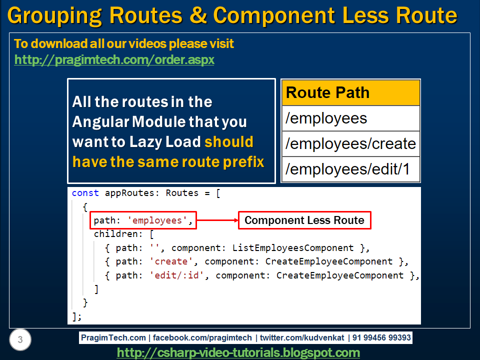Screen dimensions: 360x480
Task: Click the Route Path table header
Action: [350, 93]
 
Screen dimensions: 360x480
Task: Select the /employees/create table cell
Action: [350, 144]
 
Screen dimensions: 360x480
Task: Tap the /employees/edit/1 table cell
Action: [350, 169]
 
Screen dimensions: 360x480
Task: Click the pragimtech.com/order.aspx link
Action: [114, 60]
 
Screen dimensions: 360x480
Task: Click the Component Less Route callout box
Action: [304, 220]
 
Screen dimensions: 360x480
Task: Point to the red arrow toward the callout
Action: [217, 220]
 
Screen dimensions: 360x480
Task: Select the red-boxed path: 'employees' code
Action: [144, 220]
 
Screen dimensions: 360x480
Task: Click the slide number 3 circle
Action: [20, 340]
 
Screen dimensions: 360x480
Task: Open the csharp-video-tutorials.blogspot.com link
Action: [238, 352]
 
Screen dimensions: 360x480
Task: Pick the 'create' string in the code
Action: [171, 261]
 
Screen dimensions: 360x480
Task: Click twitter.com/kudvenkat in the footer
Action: [302, 338]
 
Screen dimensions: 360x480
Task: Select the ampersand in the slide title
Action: [198, 16]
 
